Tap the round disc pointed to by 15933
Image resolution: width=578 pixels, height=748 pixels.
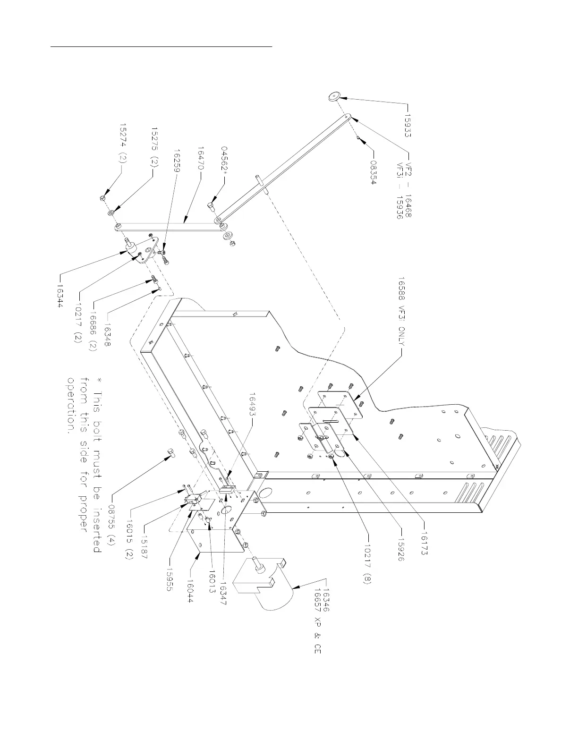point(334,97)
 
